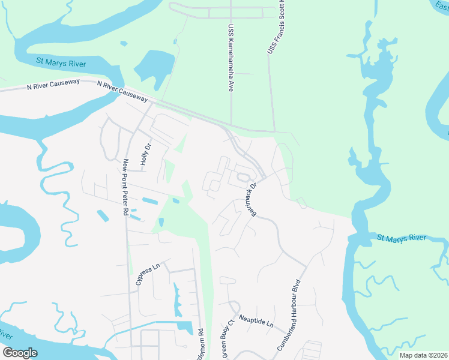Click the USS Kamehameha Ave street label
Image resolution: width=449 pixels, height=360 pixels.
point(230,58)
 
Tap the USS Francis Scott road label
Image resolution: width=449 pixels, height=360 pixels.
point(276,28)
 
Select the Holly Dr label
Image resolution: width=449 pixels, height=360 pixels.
point(145,152)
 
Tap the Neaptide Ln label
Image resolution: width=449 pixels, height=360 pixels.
point(255,321)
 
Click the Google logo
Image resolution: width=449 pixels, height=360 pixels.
point(20,353)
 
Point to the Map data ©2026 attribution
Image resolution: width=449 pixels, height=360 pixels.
point(423,355)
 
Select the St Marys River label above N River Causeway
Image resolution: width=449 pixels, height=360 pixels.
point(61,62)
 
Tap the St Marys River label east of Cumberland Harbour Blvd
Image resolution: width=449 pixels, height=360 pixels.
point(402,238)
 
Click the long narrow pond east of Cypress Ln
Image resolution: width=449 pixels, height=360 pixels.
point(177,299)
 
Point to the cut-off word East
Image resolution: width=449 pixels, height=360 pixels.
point(440,5)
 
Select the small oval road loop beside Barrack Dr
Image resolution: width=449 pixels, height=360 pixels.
point(243,177)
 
